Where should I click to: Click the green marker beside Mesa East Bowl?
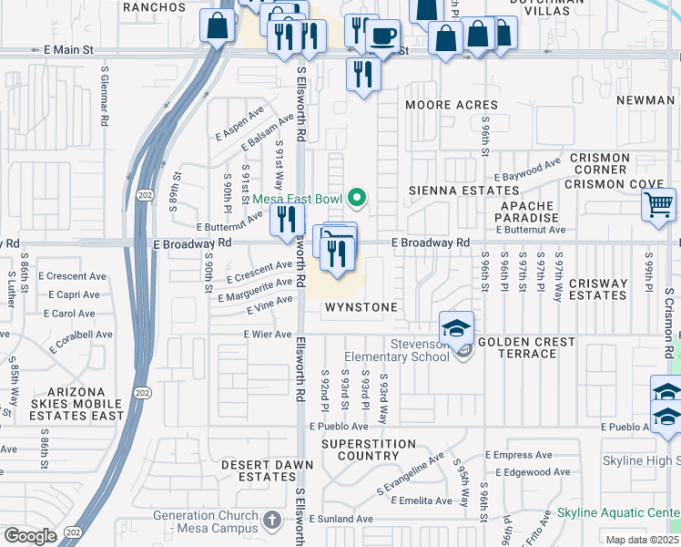[x=358, y=197]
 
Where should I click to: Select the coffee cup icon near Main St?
[x=382, y=36]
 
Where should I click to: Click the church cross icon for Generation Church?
[x=270, y=521]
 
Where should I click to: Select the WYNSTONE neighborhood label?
[x=362, y=307]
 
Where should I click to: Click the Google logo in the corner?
[x=30, y=535]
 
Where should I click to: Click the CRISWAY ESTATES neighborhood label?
[x=598, y=289]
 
